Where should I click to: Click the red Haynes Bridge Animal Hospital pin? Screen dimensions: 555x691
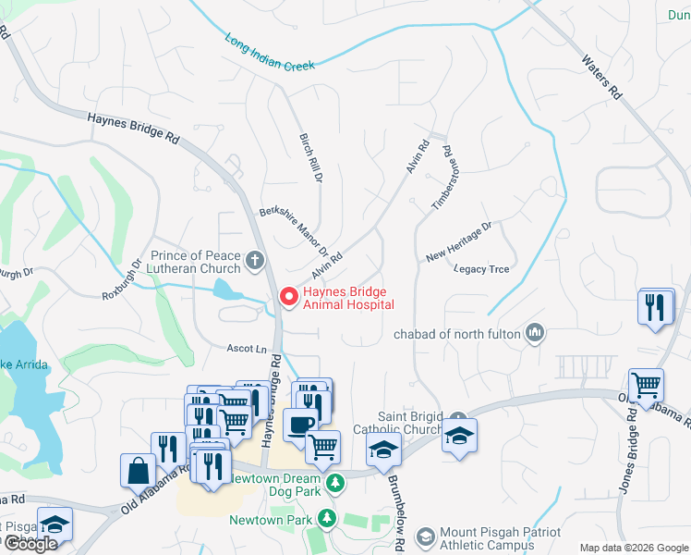(x=288, y=297)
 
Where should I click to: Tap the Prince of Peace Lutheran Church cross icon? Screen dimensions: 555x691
(x=256, y=261)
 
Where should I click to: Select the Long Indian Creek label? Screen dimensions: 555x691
(x=270, y=53)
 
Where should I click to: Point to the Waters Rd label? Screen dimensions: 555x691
(x=600, y=77)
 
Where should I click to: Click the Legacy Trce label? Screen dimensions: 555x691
(x=481, y=269)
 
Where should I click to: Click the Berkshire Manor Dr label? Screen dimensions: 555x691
(x=295, y=231)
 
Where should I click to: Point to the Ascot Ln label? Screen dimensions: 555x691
(x=248, y=349)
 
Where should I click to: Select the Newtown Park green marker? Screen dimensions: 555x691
(x=326, y=520)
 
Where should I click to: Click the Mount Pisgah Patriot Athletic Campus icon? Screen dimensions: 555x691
(x=425, y=536)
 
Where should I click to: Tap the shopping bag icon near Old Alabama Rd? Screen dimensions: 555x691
(x=138, y=469)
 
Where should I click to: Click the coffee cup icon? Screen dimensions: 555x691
(x=298, y=425)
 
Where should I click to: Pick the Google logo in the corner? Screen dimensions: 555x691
(x=30, y=544)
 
